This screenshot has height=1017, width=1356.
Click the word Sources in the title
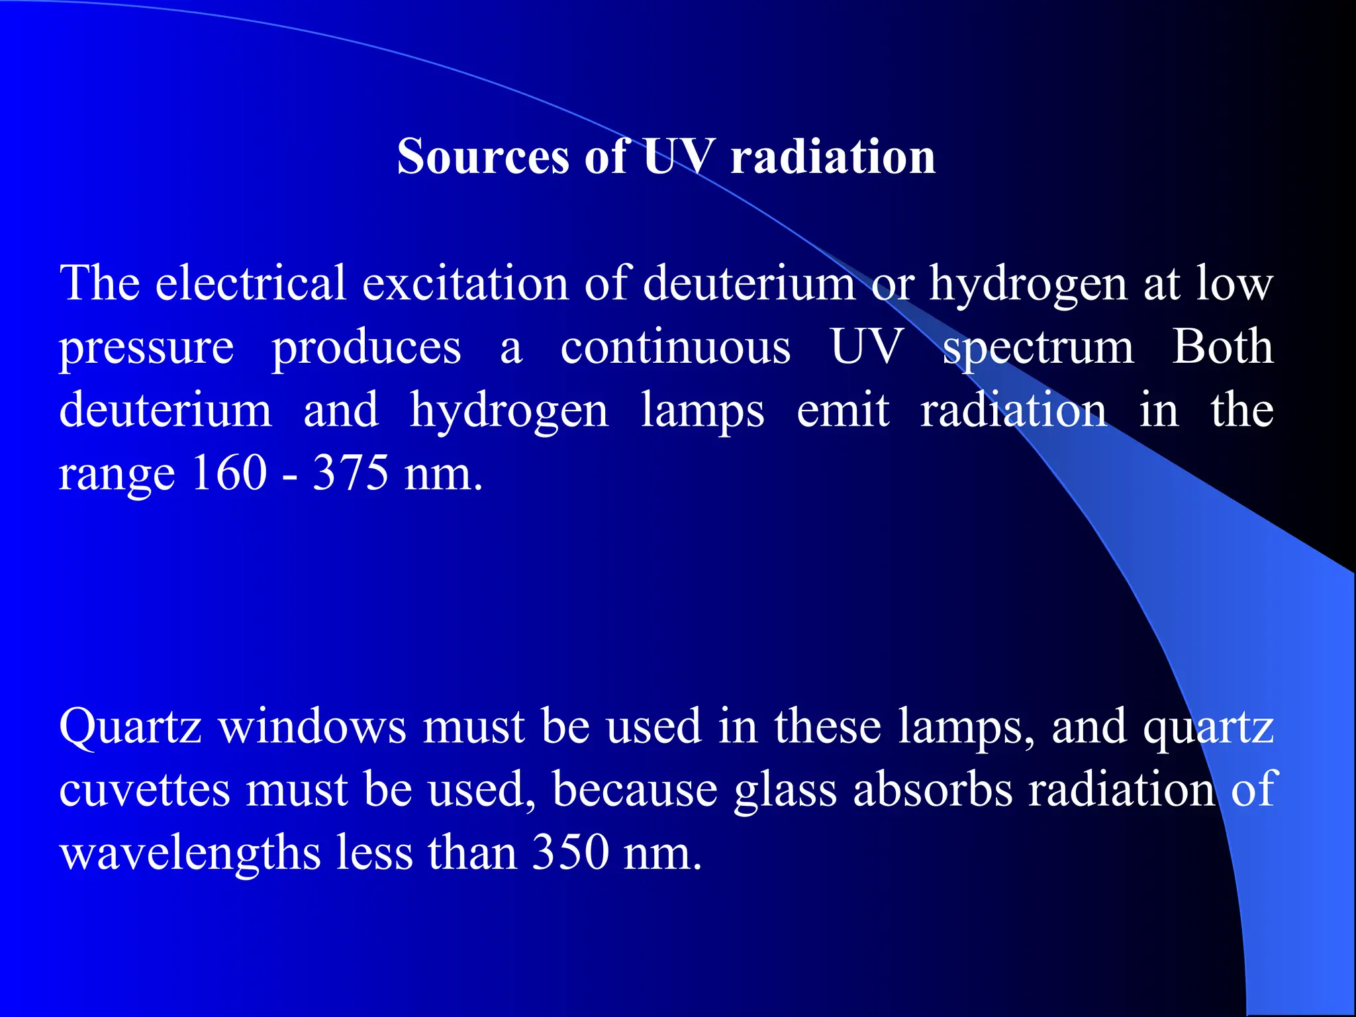pyautogui.click(x=483, y=157)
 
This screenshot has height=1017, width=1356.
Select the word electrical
pyautogui.click(x=250, y=283)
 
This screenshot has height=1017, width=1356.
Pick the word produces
pyautogui.click(x=366, y=347)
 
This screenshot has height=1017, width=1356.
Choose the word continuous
pyautogui.click(x=675, y=347)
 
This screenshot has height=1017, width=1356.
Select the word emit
pyautogui.click(x=842, y=410)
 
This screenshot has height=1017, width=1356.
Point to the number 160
pyautogui.click(x=229, y=473)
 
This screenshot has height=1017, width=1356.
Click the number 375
pyautogui.click(x=350, y=473)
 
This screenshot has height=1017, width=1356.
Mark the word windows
pyautogui.click(x=313, y=726)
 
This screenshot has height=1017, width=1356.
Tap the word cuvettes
pyautogui.click(x=144, y=790)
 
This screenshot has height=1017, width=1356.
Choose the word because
pyautogui.click(x=635, y=790)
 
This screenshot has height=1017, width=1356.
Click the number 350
pyautogui.click(x=570, y=853)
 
